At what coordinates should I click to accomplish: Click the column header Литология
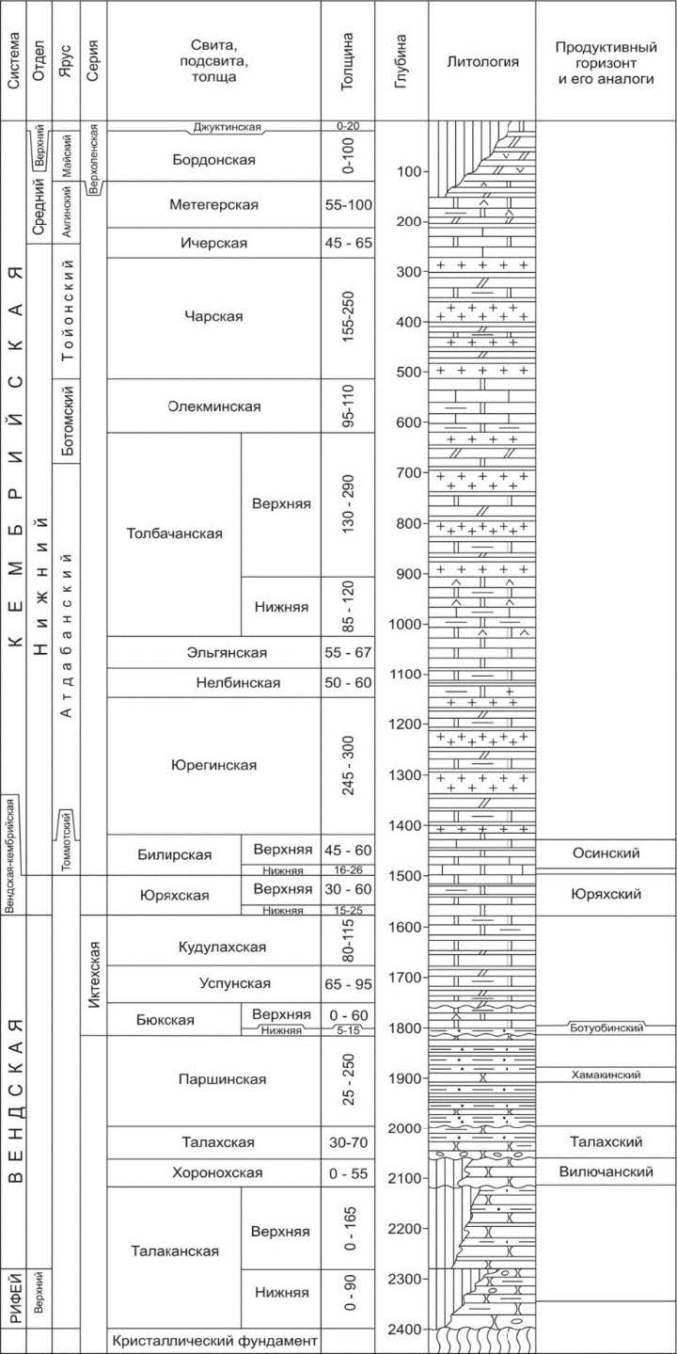coord(481,62)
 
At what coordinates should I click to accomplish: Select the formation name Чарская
coord(214,316)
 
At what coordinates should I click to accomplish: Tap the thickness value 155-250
coord(348,317)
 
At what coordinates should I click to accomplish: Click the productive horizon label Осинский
coord(606,852)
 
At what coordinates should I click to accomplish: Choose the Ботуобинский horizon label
coord(606,1028)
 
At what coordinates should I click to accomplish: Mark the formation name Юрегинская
coord(214,765)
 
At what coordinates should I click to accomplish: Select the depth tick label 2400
coord(409,1330)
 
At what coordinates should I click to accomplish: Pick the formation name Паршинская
coord(214,1079)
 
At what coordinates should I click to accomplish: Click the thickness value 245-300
coord(348,765)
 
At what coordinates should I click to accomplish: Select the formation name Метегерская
coord(214,204)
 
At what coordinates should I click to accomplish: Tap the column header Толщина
coord(348,62)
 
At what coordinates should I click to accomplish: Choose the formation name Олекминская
coord(214,406)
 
